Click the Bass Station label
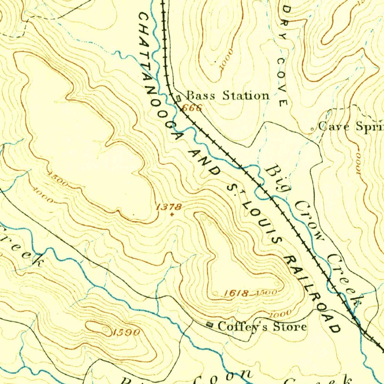coord(228,96)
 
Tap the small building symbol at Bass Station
coord(178,98)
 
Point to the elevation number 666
coord(192,108)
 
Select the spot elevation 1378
coord(169,207)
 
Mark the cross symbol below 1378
coord(172,215)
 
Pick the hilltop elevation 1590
coord(127,332)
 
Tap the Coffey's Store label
coord(262,327)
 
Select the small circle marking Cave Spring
coord(313,129)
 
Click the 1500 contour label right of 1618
coord(268,292)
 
